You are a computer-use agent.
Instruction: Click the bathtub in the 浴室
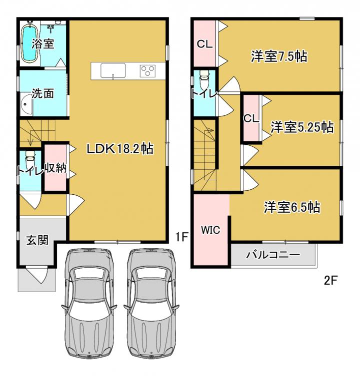click(29, 42)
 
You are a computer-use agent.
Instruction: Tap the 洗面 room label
click(42, 93)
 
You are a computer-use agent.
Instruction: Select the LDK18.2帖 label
click(120, 149)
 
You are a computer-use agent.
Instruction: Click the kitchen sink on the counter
click(113, 71)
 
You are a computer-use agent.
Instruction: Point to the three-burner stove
click(147, 71)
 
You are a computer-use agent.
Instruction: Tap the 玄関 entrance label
click(37, 240)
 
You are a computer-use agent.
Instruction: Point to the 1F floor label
click(181, 237)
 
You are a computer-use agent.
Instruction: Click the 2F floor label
click(331, 280)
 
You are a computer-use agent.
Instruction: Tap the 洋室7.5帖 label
click(279, 56)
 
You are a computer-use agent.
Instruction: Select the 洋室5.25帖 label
click(302, 127)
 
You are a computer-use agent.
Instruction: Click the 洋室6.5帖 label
click(292, 207)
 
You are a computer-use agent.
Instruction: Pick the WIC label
click(210, 230)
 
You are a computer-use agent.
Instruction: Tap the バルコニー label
click(273, 255)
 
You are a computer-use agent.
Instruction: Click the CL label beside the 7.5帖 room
click(204, 44)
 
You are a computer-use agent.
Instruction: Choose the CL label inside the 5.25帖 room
click(251, 118)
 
